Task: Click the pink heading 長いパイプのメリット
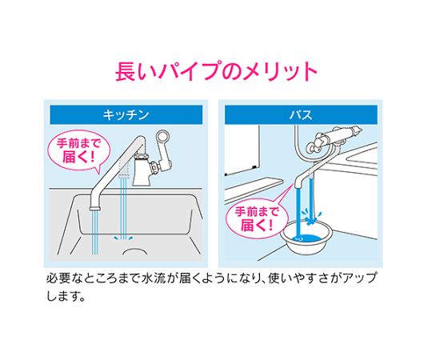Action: [x=216, y=71]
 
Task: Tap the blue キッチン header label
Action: [x=126, y=114]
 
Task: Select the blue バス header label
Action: [x=301, y=114]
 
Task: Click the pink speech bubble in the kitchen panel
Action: [x=78, y=151]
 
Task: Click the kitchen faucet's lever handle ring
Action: [x=162, y=137]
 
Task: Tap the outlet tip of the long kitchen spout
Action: [x=94, y=208]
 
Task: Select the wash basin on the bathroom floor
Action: [x=306, y=239]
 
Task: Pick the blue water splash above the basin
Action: [x=311, y=217]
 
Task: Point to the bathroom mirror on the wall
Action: [x=242, y=150]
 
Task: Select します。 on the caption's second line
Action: [x=66, y=296]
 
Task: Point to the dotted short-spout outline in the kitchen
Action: [x=124, y=167]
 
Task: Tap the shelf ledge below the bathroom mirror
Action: [x=254, y=190]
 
